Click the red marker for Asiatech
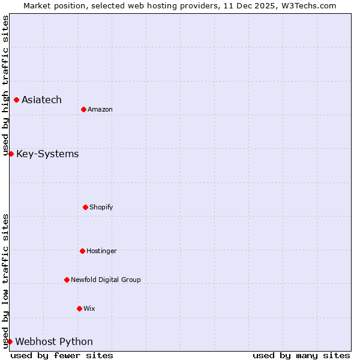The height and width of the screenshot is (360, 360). click(x=16, y=100)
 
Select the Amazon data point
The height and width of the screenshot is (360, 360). click(x=83, y=109)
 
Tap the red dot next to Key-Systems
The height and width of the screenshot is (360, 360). click(x=11, y=154)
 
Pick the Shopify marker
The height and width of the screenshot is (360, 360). click(x=85, y=207)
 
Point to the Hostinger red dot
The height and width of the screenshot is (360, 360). click(x=82, y=251)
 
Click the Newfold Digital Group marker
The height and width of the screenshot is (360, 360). click(x=67, y=280)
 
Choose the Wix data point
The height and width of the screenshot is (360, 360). click(x=79, y=308)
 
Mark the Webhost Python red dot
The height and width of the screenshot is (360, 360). click(x=10, y=341)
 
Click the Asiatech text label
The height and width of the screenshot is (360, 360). click(x=41, y=100)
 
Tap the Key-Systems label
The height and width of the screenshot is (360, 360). click(x=47, y=154)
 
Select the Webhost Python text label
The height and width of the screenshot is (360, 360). click(x=54, y=342)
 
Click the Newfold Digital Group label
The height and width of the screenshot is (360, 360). click(x=106, y=280)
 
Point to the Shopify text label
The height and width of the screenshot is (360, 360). click(x=101, y=207)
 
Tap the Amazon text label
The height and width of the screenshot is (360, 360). click(x=100, y=109)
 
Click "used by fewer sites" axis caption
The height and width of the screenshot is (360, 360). click(x=62, y=355)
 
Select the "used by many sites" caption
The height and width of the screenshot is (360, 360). click(x=301, y=355)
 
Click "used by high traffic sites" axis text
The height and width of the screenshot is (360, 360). click(x=5, y=86)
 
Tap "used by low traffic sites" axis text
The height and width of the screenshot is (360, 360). click(x=5, y=281)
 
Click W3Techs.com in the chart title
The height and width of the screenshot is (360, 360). click(x=310, y=5)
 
